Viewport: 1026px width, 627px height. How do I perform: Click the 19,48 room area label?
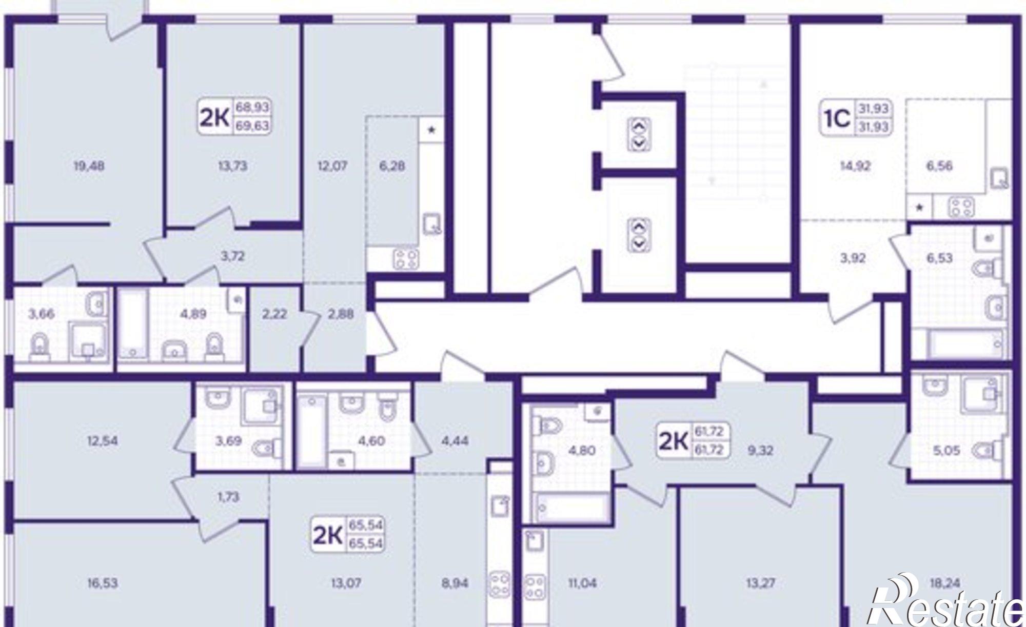click(x=89, y=166)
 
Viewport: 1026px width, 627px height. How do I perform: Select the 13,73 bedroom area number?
click(x=232, y=166)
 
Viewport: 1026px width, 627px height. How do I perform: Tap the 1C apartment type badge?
click(x=855, y=118)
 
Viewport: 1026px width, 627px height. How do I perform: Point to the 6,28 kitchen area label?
click(x=393, y=166)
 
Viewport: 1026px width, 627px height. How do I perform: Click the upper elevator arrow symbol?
click(x=639, y=135)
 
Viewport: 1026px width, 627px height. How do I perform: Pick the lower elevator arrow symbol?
click(x=639, y=235)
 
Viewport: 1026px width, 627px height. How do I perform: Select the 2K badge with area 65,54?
click(x=348, y=534)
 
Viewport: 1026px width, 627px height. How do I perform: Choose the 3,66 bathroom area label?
click(x=41, y=314)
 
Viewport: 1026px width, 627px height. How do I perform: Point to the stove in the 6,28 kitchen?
click(x=406, y=258)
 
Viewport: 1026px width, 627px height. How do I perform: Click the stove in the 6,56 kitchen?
click(x=961, y=208)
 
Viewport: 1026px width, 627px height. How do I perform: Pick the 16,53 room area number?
click(x=103, y=583)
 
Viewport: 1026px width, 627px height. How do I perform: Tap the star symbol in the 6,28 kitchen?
click(x=431, y=130)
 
